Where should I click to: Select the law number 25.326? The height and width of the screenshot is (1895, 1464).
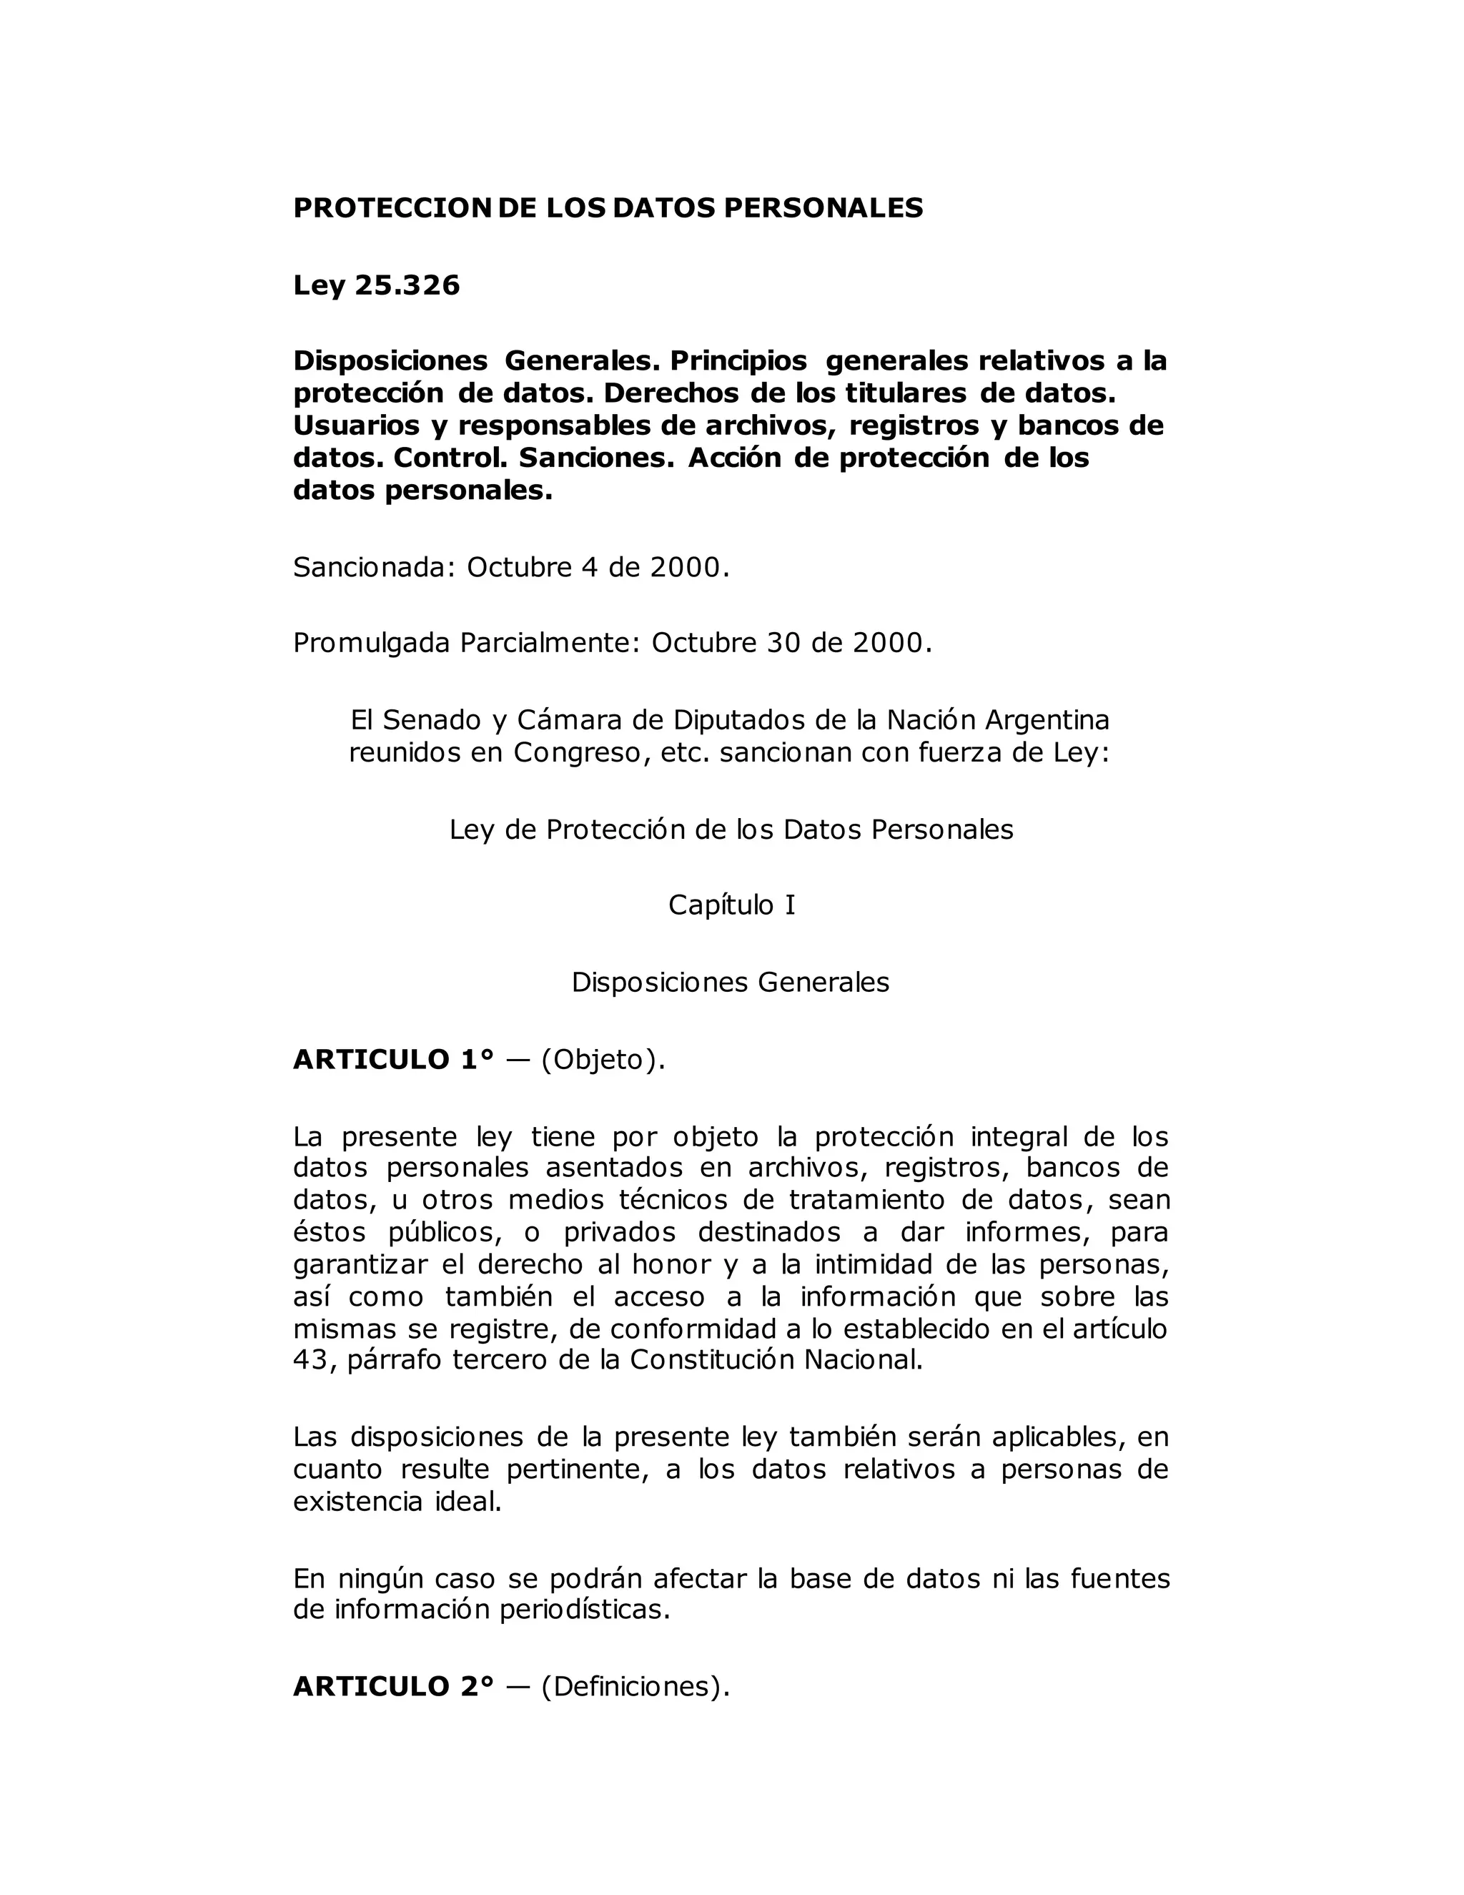(407, 285)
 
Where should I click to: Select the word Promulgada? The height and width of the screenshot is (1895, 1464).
(372, 644)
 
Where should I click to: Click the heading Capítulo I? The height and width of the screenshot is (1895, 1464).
(731, 905)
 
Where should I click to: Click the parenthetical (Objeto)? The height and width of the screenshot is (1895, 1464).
(603, 1060)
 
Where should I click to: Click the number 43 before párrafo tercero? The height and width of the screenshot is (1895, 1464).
(310, 1359)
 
